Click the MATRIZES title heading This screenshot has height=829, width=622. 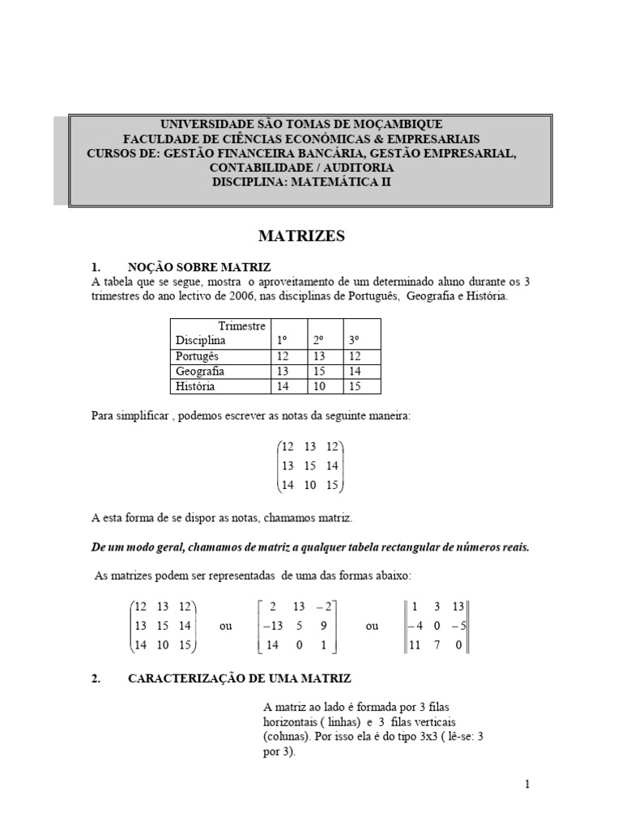click(301, 236)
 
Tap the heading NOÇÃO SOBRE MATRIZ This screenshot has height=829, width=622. click(199, 267)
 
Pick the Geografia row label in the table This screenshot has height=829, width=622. click(199, 372)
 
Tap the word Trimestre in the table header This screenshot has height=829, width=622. click(241, 325)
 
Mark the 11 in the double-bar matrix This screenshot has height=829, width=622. click(416, 645)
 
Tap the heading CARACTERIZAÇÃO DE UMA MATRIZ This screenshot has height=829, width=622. click(240, 679)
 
